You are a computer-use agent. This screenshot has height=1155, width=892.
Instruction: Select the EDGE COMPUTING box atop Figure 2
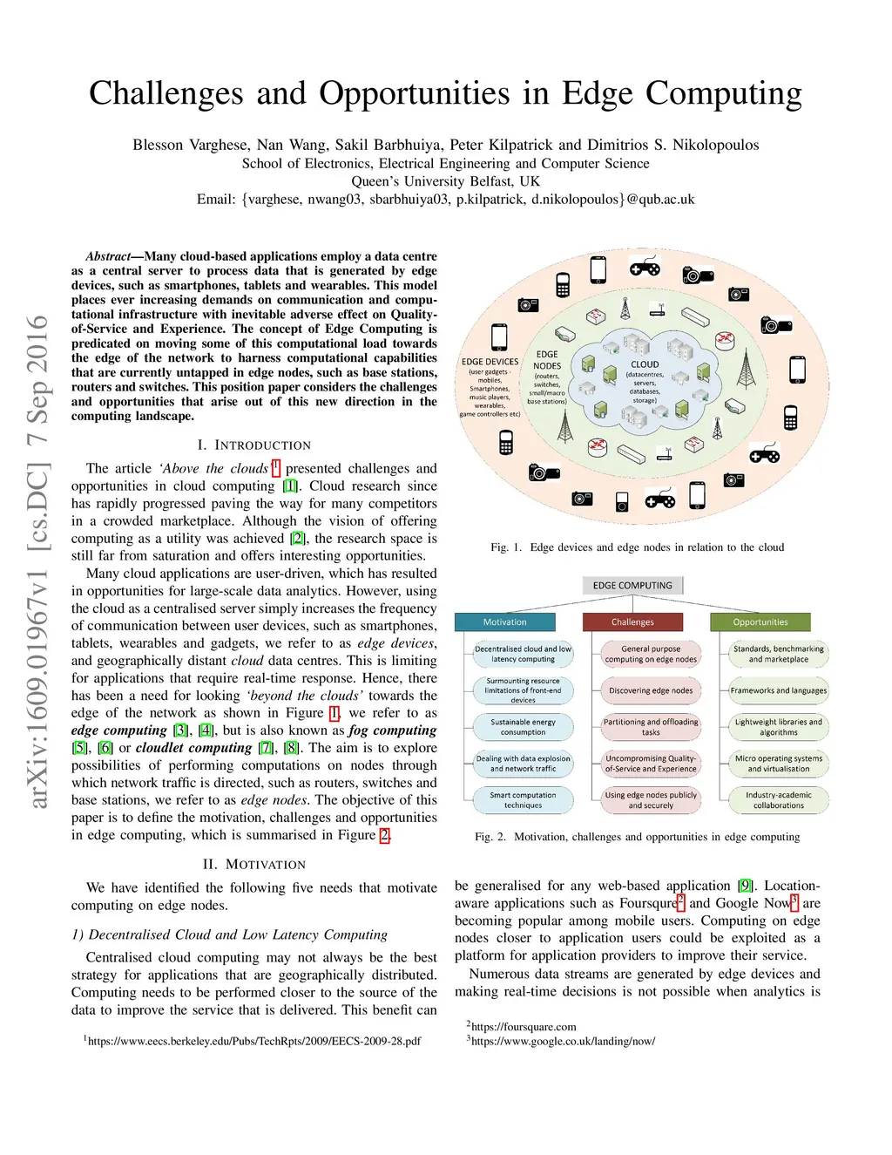[632, 585]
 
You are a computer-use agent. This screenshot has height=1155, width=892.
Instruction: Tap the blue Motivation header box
[504, 622]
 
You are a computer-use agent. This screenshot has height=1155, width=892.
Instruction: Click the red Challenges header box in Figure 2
[632, 622]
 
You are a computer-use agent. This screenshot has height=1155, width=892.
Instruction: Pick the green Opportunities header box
[760, 622]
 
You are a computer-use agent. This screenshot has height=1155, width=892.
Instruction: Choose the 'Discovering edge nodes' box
[651, 690]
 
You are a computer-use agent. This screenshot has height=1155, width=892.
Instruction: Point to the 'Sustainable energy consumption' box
[523, 727]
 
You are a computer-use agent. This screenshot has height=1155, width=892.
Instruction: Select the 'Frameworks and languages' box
[778, 690]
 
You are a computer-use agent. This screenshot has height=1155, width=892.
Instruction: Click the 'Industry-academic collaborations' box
[778, 800]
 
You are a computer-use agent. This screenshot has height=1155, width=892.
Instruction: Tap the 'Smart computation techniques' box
[523, 800]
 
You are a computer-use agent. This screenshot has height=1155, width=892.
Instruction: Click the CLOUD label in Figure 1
[645, 364]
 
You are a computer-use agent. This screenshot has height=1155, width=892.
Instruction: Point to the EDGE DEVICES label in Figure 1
[490, 362]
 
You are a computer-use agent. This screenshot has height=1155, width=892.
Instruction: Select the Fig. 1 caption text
[637, 547]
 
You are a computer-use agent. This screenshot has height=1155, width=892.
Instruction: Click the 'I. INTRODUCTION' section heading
[254, 445]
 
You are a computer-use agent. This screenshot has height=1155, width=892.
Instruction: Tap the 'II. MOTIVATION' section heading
[254, 865]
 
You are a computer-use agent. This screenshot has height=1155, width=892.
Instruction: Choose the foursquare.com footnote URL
[524, 1027]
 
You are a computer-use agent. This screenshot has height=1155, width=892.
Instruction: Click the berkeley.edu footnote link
[254, 1041]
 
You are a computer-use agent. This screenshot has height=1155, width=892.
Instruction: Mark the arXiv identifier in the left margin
[37, 561]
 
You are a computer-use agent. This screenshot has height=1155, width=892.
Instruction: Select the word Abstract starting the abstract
[108, 256]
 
